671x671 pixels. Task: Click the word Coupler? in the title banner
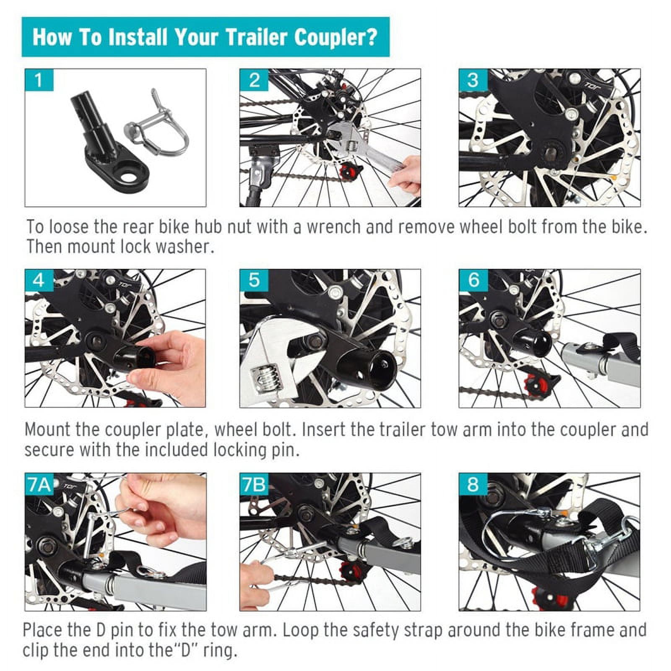(335, 37)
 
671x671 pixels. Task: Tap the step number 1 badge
(39, 80)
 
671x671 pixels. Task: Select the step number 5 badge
(254, 280)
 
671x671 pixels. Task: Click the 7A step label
(39, 484)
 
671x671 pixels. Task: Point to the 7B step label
(254, 484)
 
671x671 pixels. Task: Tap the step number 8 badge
(473, 484)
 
